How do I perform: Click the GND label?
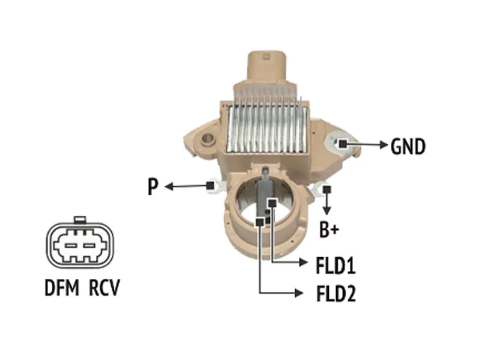coord(408,145)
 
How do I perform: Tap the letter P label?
coord(153,188)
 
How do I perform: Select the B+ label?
coord(328,230)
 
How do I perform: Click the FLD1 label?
coord(335,265)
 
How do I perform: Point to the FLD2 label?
coord(335,294)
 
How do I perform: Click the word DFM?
coord(62,288)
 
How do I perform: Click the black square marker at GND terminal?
coord(342,144)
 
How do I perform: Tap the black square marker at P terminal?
coord(210,185)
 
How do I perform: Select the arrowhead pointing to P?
coord(168,187)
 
